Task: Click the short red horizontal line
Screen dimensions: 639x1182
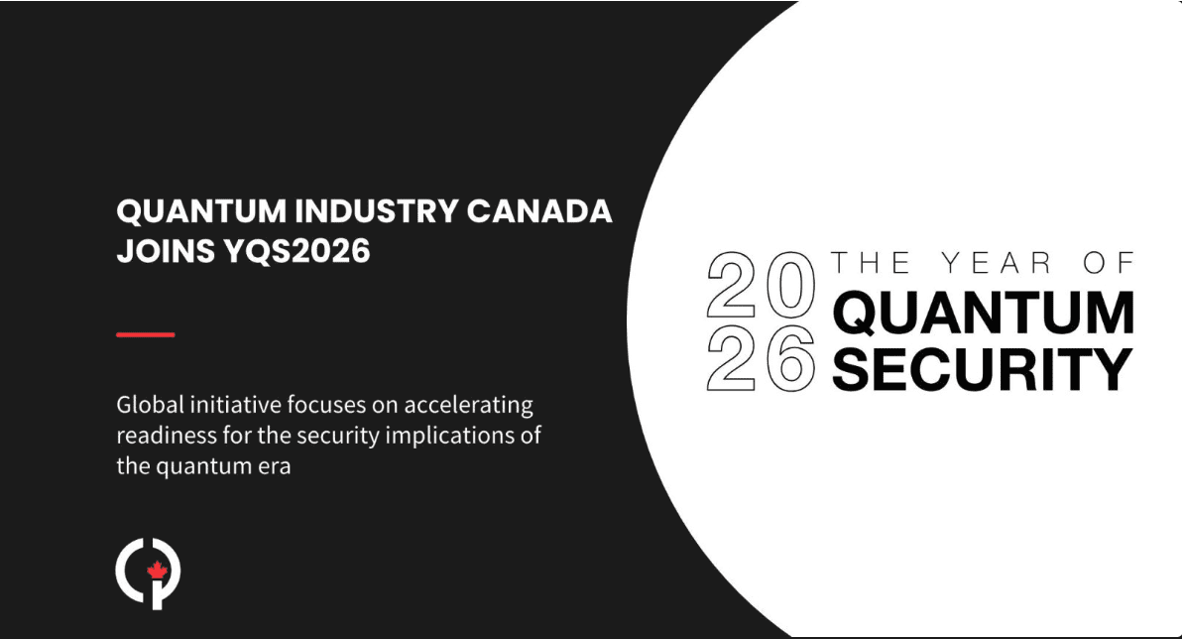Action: pyautogui.click(x=146, y=335)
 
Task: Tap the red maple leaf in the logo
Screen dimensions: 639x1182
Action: pyautogui.click(x=156, y=571)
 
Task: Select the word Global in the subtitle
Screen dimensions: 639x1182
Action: pyautogui.click(x=148, y=406)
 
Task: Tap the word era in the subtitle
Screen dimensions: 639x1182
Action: pyautogui.click(x=276, y=465)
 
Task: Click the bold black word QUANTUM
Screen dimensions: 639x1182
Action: pyautogui.click(x=983, y=315)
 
